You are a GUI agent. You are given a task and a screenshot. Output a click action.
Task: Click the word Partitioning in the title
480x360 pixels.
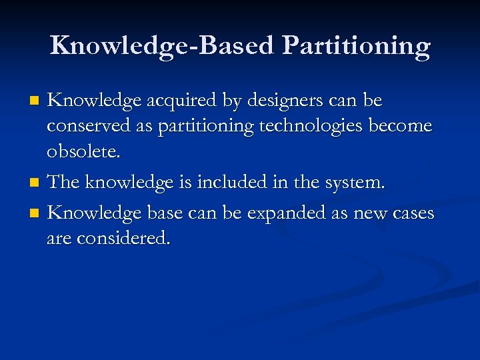click(x=356, y=46)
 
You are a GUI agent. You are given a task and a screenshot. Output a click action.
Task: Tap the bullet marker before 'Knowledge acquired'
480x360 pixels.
click(x=37, y=101)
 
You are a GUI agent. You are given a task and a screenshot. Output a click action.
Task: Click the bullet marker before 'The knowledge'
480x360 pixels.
click(x=37, y=182)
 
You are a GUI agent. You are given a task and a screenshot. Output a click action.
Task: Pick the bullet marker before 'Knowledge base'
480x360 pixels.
click(x=37, y=214)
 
